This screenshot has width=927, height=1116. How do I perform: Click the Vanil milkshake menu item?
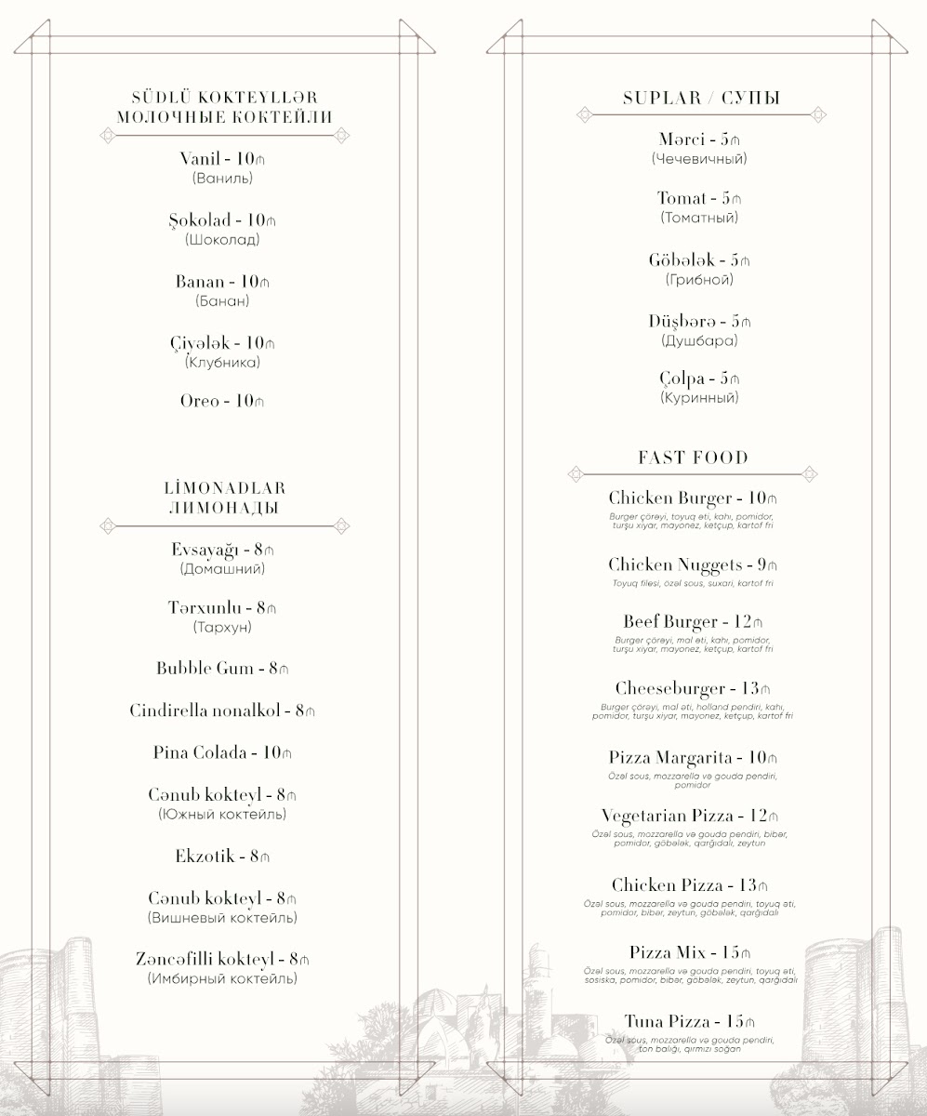[222, 158]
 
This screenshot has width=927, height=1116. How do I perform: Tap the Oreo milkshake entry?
[222, 401]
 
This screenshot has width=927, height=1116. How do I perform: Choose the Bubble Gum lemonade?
[222, 668]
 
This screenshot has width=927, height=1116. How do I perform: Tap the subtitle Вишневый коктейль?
[222, 918]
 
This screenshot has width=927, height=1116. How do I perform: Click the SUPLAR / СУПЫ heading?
[701, 98]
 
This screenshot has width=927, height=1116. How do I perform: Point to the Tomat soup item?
[698, 198]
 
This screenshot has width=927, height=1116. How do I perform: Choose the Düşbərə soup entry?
[698, 321]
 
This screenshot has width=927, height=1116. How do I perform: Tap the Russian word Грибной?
[699, 279]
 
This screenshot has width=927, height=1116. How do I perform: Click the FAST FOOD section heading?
[693, 458]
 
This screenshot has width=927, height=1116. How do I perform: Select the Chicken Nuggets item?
[692, 565]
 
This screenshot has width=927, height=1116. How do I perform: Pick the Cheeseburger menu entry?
[693, 689]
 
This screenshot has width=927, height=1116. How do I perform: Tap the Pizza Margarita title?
[693, 757]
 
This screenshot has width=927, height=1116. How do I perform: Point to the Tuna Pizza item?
[689, 1021]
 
